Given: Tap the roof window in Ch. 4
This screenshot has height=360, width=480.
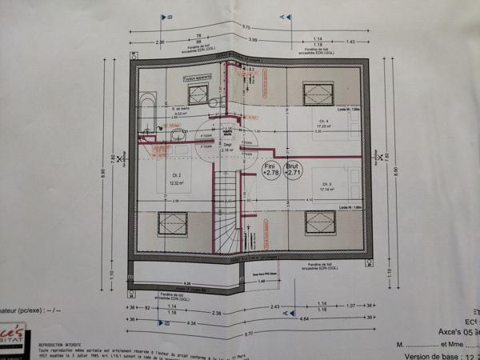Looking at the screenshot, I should (x=318, y=93).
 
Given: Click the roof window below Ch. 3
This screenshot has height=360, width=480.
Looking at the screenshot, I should (x=319, y=223).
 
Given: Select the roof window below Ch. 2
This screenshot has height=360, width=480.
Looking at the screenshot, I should (x=172, y=223).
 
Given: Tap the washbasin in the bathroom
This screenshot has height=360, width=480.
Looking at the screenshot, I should (x=176, y=137).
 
